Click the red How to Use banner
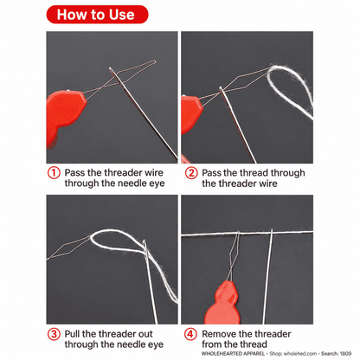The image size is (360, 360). [x=97, y=15]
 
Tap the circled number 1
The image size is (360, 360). [x=54, y=173]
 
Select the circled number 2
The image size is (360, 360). [x=191, y=173]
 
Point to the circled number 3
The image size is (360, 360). [x=54, y=334]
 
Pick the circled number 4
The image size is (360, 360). [x=190, y=334]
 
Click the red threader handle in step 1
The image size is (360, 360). [x=65, y=115]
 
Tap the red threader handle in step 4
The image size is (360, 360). [x=223, y=305]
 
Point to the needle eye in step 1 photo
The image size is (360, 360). [x=116, y=76]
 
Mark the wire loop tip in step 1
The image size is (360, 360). [x=154, y=61]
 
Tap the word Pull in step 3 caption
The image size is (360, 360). [x=72, y=334]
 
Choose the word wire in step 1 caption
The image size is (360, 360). [x=153, y=173]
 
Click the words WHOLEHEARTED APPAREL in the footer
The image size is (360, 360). [x=233, y=354]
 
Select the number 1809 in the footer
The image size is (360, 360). [x=345, y=354]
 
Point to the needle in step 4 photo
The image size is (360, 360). [x=268, y=276]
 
